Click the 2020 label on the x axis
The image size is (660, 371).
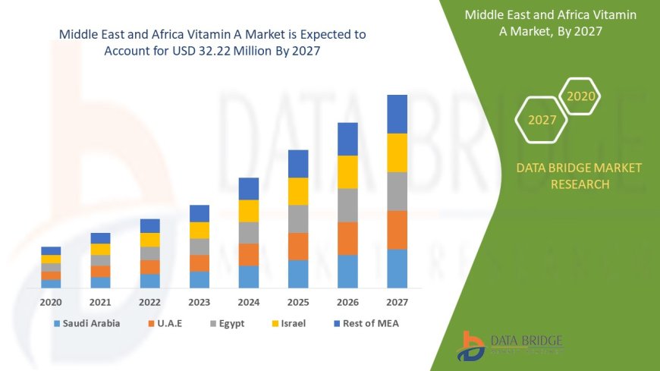coord(51,302)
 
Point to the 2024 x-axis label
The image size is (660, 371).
coord(249,302)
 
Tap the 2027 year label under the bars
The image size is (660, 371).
coord(397,302)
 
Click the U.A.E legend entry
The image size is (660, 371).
coord(168,323)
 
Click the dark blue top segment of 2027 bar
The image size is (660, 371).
coord(397,114)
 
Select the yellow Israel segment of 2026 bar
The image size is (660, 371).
coord(347,171)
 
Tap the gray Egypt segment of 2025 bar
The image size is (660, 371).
coord(298,219)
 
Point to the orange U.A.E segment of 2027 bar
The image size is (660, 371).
coord(397,230)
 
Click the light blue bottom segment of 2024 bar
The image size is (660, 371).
coord(249,276)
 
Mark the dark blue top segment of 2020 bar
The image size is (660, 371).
coord(51,250)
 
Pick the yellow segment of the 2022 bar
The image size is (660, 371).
coord(149,240)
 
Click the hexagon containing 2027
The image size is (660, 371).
coord(542,120)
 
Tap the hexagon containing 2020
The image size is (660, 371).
coord(581,96)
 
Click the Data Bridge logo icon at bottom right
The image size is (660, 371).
coord(470,346)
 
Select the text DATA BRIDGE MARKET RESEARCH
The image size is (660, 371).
coord(579,176)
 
